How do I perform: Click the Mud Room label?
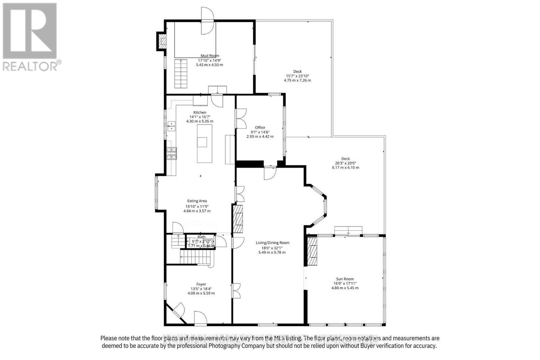click(x=210, y=56)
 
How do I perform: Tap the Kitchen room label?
click(x=199, y=112)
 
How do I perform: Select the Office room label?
click(x=260, y=128)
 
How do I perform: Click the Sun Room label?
click(x=345, y=279)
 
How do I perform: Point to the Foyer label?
click(x=201, y=284)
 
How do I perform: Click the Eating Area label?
click(x=197, y=201)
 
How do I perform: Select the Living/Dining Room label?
click(x=272, y=243)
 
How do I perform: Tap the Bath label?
click(x=201, y=237)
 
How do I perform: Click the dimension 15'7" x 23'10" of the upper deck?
click(x=297, y=76)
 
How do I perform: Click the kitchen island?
click(x=205, y=143)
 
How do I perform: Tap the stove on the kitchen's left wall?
click(x=172, y=153)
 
